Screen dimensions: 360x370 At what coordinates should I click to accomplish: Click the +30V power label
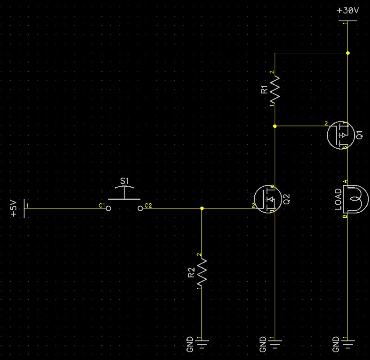[348, 10]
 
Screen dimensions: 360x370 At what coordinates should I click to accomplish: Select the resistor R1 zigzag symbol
[275, 89]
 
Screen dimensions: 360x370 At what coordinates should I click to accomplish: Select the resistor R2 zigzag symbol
[202, 272]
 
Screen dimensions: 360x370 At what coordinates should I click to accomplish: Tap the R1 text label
[264, 89]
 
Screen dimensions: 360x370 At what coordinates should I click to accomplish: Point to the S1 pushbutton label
[124, 180]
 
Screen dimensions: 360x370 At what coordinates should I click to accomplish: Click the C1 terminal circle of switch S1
[108, 208]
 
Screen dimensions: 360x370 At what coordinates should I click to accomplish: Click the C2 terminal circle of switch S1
[140, 208]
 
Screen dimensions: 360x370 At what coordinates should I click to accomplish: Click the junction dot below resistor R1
[275, 126]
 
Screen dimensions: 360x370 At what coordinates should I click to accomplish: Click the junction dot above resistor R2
[202, 208]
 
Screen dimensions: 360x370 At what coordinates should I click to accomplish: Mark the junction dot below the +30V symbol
[348, 53]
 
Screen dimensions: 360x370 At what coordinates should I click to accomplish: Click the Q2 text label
[286, 198]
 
